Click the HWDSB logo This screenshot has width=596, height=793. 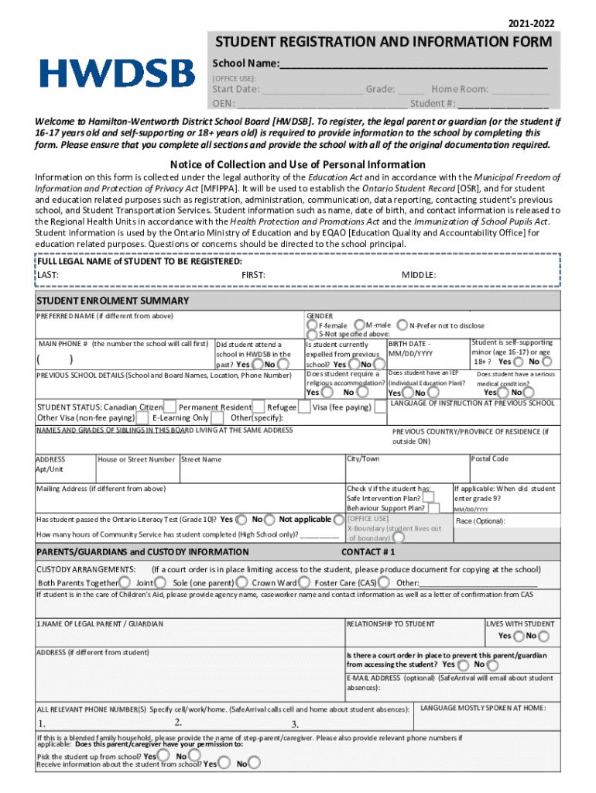pyautogui.click(x=117, y=74)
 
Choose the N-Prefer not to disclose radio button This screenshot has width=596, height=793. pyautogui.click(x=403, y=325)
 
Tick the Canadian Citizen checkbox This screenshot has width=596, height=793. pyautogui.click(x=170, y=407)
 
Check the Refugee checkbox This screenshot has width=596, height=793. pyautogui.click(x=304, y=407)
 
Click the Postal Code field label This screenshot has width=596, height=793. pyautogui.click(x=490, y=458)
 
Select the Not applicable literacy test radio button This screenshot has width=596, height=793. pyautogui.click(x=339, y=519)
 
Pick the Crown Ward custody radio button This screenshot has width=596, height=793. pyautogui.click(x=305, y=582)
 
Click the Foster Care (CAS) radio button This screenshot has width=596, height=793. pyautogui.click(x=385, y=582)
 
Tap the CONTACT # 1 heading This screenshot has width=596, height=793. pyautogui.click(x=368, y=552)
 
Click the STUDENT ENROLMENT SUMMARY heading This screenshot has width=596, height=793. pyautogui.click(x=113, y=300)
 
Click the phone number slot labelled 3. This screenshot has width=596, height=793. pyautogui.click(x=295, y=725)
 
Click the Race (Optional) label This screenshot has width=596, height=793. pyautogui.click(x=480, y=521)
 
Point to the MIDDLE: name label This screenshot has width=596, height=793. pyautogui.click(x=419, y=274)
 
